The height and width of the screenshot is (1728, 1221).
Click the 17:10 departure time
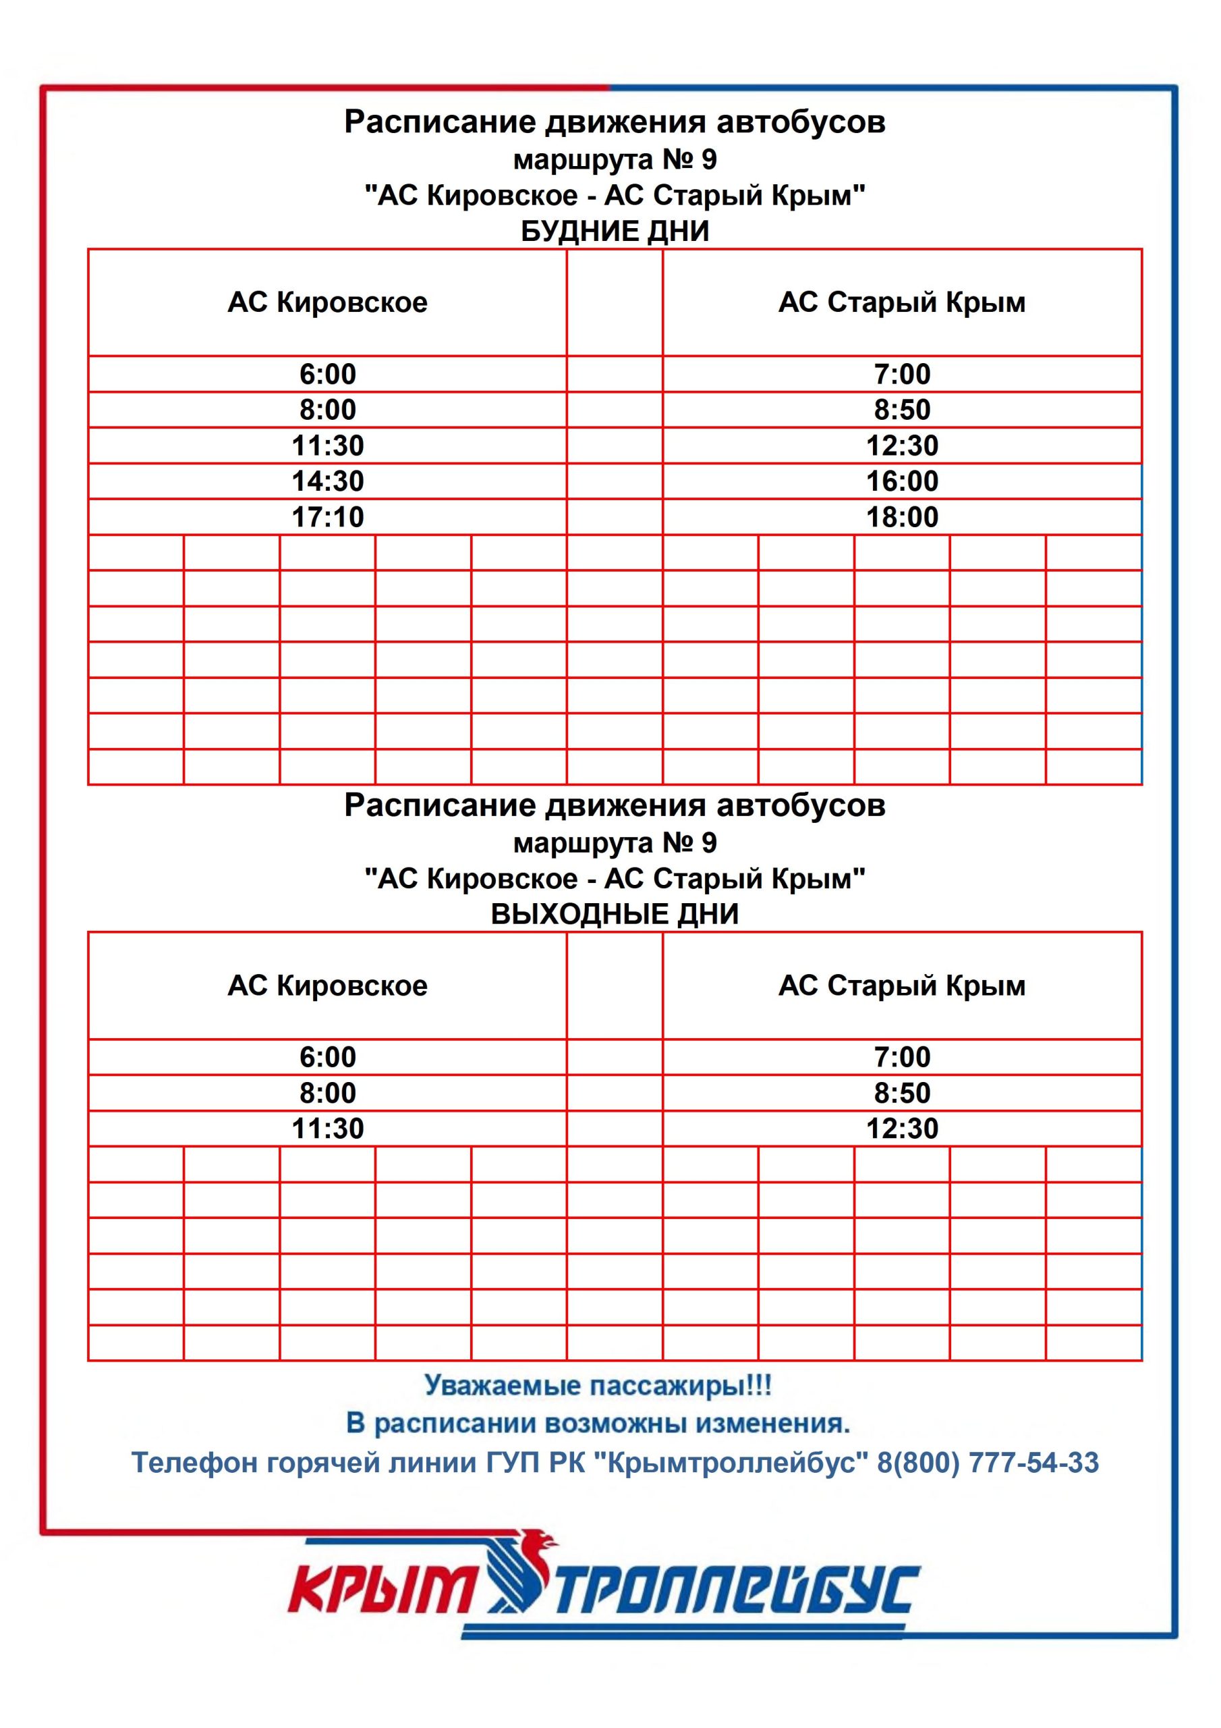pyautogui.click(x=327, y=517)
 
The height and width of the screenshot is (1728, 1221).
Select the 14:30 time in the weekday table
pyautogui.click(x=327, y=481)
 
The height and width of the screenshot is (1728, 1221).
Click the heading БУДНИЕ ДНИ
pyautogui.click(x=614, y=231)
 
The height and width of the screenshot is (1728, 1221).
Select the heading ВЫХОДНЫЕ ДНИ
pyautogui.click(x=614, y=914)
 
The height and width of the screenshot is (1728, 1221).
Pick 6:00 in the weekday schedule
pyautogui.click(x=327, y=374)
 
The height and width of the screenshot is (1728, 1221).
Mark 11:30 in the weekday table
pyautogui.click(x=327, y=446)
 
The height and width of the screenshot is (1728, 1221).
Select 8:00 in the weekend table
pyautogui.click(x=327, y=1093)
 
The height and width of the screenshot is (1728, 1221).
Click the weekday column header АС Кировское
pyautogui.click(x=327, y=302)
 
